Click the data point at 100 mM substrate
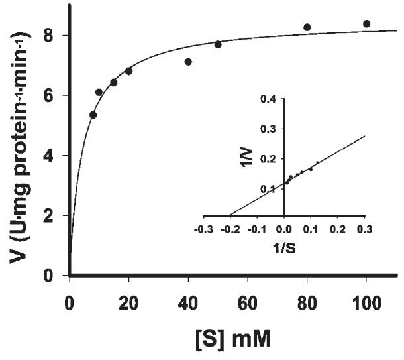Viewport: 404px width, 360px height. coord(367,24)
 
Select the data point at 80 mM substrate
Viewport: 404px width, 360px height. coord(307,27)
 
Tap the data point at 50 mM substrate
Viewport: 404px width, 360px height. coord(218,44)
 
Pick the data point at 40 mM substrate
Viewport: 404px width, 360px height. coord(188,62)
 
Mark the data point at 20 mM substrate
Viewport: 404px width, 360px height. coord(128,71)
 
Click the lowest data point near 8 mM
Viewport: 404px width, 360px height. coord(93,115)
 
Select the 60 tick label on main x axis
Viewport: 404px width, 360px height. coord(248,292)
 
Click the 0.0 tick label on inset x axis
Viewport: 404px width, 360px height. coord(284,229)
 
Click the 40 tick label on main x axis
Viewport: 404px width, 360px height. coord(188,292)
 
